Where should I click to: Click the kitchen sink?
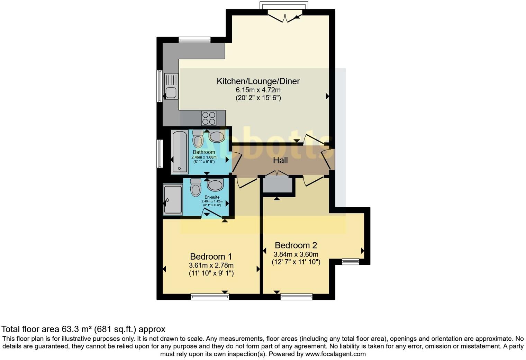[171, 87]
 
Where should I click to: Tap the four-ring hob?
[209, 118]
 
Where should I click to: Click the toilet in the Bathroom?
[198, 138]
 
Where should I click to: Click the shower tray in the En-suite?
[173, 200]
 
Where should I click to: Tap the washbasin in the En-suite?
[215, 185]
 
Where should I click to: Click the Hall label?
[280, 160]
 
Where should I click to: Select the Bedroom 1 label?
[211, 256]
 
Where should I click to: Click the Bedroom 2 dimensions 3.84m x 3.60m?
[296, 254]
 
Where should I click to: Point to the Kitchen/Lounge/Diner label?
[258, 81]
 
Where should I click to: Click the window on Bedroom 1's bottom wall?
[210, 297]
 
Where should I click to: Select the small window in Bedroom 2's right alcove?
[351, 262]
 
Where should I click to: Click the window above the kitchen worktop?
[194, 40]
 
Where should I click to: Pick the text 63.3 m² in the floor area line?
[77, 329]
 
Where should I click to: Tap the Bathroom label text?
[204, 152]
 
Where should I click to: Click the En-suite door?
[212, 213]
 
